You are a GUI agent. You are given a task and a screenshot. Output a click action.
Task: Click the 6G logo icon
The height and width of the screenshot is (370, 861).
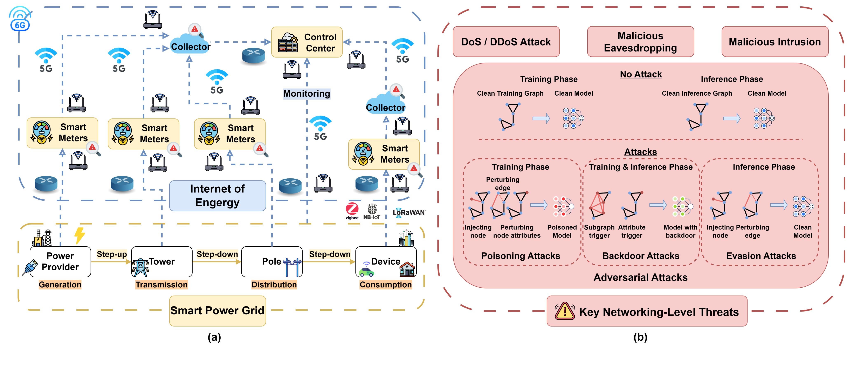tap(20, 19)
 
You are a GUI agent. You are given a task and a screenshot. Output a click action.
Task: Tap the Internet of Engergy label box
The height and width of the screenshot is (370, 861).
tap(217, 196)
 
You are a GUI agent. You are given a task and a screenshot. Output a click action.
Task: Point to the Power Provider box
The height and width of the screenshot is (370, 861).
tap(60, 262)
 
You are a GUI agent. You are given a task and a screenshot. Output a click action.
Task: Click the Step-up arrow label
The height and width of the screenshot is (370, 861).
tap(112, 254)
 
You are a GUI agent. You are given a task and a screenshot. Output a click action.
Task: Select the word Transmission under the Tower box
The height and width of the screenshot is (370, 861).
tap(161, 285)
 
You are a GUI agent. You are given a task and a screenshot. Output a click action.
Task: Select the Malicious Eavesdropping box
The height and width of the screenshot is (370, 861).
tap(640, 42)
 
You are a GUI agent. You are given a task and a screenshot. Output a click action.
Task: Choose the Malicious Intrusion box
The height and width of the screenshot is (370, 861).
tap(775, 42)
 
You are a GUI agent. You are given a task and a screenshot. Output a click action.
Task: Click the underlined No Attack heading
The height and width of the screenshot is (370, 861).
tap(641, 74)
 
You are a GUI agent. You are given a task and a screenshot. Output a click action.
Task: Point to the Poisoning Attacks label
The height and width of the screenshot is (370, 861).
tap(520, 256)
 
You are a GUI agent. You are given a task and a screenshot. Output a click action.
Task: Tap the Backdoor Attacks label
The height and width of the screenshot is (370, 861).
tap(641, 256)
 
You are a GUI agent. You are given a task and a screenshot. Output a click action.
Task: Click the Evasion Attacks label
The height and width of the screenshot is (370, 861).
tap(761, 256)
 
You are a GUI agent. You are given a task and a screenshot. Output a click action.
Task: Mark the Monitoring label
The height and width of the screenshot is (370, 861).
tap(306, 94)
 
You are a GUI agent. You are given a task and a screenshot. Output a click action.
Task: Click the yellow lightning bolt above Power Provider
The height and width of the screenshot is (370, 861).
tap(79, 235)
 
